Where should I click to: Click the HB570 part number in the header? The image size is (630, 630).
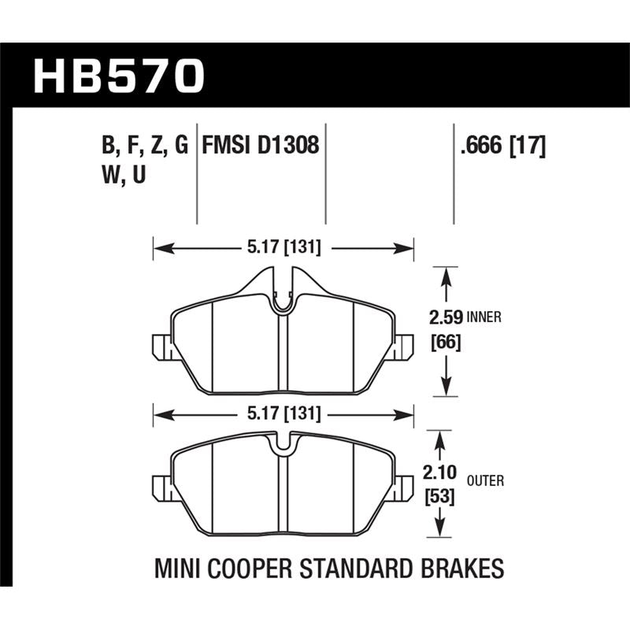point(119,77)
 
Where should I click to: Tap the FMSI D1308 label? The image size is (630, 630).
point(261,146)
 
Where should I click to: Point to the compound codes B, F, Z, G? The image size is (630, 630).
point(145,146)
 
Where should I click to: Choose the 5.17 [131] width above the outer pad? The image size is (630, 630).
point(283,413)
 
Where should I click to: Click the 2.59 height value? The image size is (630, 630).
point(445,318)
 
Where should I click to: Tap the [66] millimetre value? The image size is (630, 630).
point(445,343)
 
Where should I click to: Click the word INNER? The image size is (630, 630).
point(484,319)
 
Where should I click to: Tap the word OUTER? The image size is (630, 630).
point(485,480)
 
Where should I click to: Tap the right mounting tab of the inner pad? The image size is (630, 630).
point(404,346)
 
